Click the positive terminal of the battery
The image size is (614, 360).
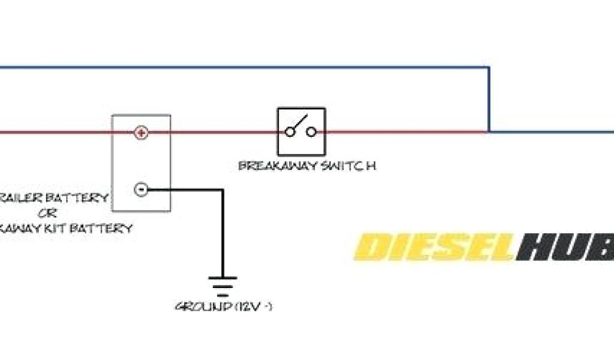click(140, 132)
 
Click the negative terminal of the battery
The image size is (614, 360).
click(140, 190)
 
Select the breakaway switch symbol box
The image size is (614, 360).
click(301, 131)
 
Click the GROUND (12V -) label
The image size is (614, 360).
click(224, 307)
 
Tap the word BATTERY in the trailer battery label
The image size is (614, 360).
click(83, 197)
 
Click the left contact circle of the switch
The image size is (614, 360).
click(290, 131)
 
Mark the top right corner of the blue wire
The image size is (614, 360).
click(488, 67)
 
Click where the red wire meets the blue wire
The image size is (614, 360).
click(488, 131)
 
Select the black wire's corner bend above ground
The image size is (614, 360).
click(222, 190)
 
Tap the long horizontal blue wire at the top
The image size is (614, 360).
click(240, 67)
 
